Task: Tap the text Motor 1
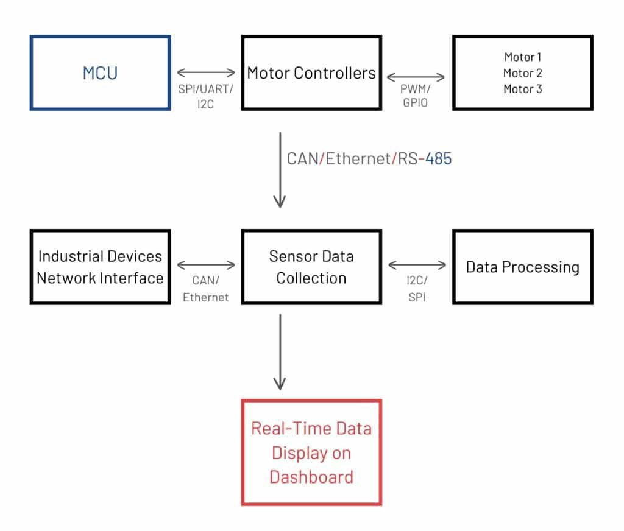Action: (522, 57)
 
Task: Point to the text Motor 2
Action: (522, 73)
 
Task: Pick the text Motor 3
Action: (522, 89)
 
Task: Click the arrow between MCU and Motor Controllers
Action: (206, 72)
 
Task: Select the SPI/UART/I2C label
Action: (206, 96)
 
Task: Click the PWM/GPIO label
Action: (416, 96)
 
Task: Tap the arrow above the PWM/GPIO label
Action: (416, 77)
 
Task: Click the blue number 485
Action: (439, 159)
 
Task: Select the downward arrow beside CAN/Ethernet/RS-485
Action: (280, 170)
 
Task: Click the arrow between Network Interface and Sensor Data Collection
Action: (206, 265)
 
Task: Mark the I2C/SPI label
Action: (417, 289)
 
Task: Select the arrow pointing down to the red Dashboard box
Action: (280, 352)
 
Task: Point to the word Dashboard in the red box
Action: (311, 477)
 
